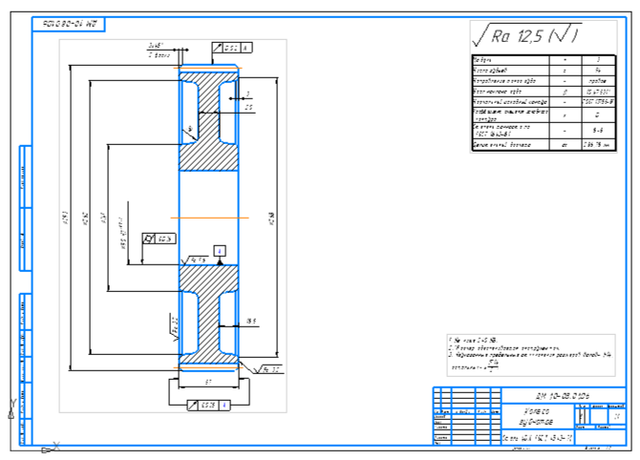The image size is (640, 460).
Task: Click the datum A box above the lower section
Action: [220, 250]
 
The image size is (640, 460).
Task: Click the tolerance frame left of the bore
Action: [159, 239]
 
